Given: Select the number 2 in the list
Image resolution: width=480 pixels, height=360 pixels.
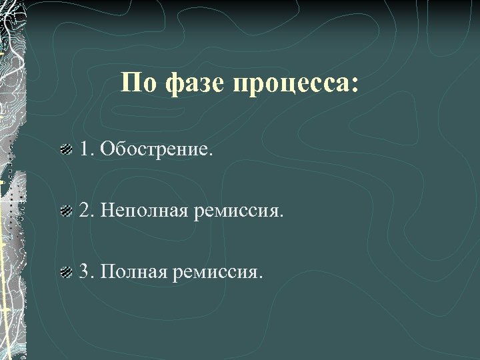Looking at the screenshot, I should [85, 211].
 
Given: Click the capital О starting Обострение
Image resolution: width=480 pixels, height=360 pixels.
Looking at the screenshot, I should [105, 149].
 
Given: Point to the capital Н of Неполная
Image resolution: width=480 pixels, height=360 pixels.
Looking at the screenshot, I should [105, 211].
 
